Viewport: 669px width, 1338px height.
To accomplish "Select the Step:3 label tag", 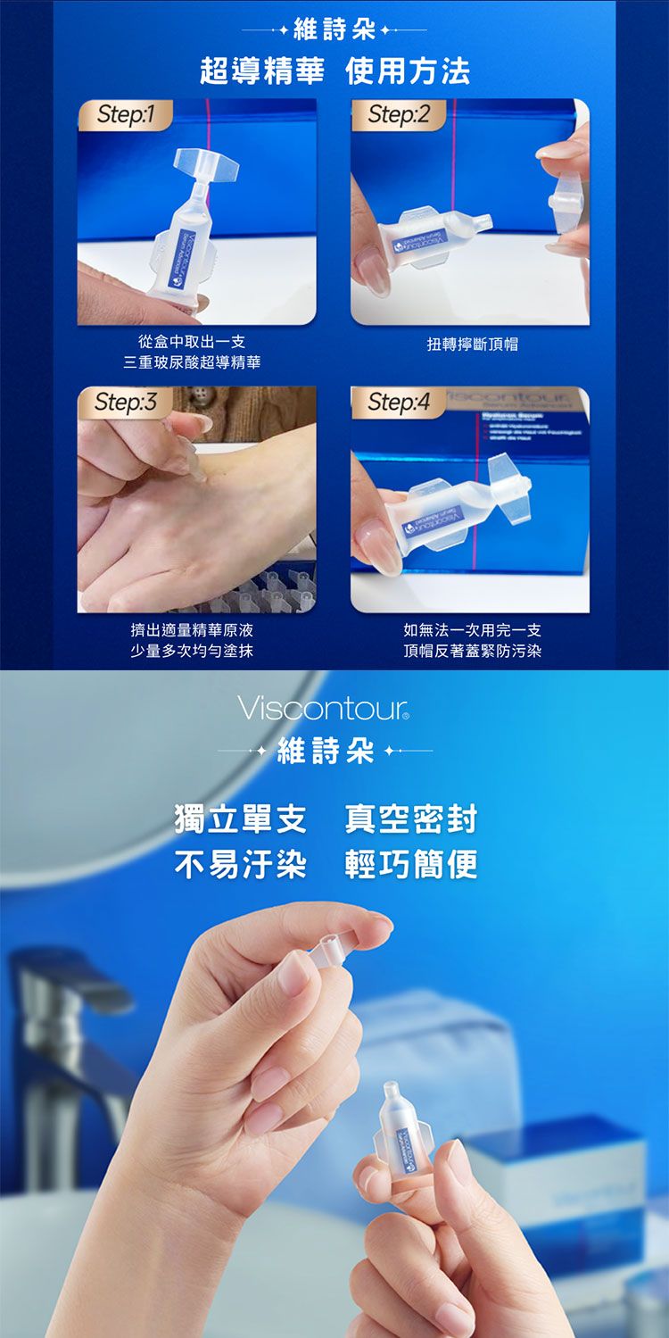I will coord(125,403).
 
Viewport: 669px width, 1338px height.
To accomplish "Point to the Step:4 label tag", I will coord(398,403).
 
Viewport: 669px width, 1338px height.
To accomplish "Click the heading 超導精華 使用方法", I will coord(334,71).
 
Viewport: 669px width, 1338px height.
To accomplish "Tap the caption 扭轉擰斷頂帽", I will coord(472,343).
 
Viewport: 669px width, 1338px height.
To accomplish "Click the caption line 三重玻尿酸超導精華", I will coord(192,362).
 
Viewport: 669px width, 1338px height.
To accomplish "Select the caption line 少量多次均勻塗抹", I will coord(192,651).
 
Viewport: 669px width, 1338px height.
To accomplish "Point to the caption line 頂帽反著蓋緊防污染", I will coord(472,651).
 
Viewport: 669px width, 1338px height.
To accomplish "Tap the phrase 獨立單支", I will coord(240,819).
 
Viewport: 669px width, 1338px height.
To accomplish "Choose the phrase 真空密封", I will coord(411,819).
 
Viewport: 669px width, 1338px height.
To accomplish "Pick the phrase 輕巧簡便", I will coord(411,863).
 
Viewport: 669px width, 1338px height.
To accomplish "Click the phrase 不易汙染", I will coord(240,863).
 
